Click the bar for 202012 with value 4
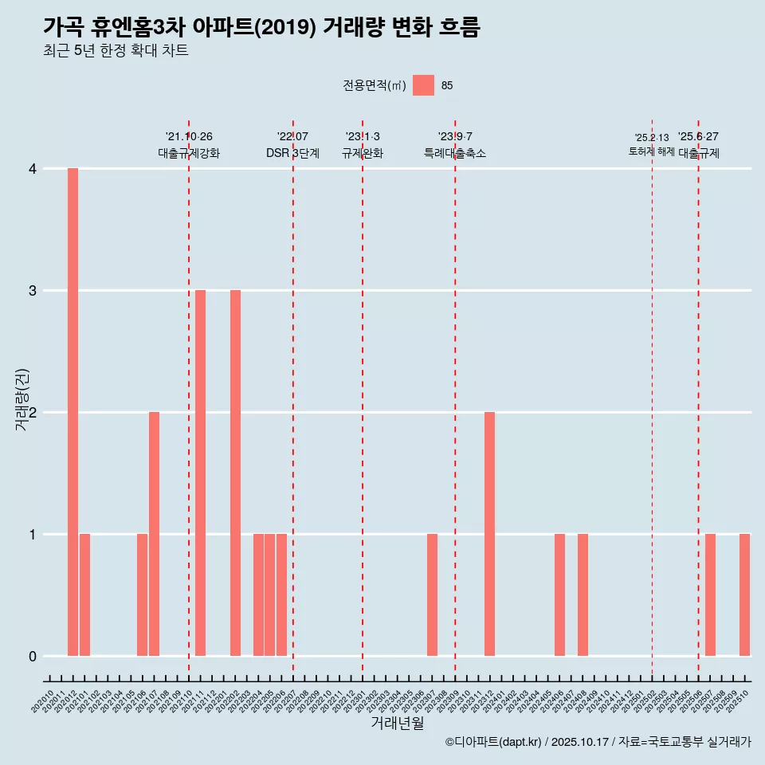coord(73,412)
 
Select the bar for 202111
coord(200,473)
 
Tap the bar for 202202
coord(235,473)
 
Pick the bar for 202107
coord(154,534)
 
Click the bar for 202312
coord(489,534)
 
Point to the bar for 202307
coord(432,594)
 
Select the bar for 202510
coord(744,594)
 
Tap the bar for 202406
coord(559,594)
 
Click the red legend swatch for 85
coord(423,85)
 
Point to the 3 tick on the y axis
coord(33,290)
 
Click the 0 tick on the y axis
coord(33,656)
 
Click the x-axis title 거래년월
coord(397,723)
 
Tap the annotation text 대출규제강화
coord(189,153)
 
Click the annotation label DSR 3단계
coord(292,153)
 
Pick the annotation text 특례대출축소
coord(455,153)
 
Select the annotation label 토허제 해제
coord(652,151)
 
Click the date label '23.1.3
coord(363,136)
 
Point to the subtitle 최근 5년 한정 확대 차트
coord(116,51)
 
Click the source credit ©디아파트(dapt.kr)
coord(493,742)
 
